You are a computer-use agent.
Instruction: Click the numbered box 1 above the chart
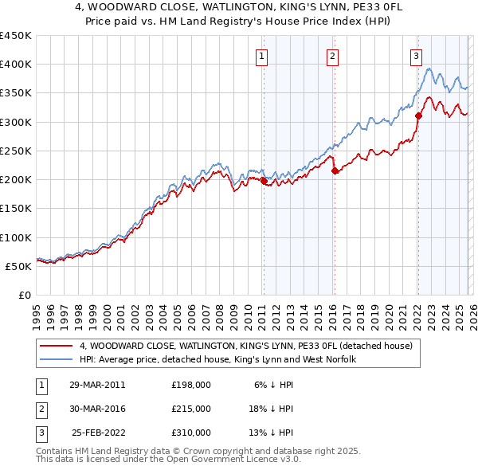tap(262, 56)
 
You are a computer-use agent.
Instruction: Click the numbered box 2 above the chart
tap(331, 56)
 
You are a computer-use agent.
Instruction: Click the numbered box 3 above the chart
tap(416, 56)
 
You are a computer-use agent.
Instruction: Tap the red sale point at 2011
tap(264, 181)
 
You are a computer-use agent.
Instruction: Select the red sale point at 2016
tap(335, 170)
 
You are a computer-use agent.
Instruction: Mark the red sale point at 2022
tap(418, 116)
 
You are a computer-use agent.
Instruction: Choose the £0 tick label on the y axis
tap(25, 295)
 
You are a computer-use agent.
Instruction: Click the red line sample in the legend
tap(57, 347)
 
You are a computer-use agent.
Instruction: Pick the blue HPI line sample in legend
tap(57, 360)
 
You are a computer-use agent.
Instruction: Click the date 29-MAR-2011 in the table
tap(97, 385)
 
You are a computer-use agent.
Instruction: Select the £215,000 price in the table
tap(191, 409)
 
